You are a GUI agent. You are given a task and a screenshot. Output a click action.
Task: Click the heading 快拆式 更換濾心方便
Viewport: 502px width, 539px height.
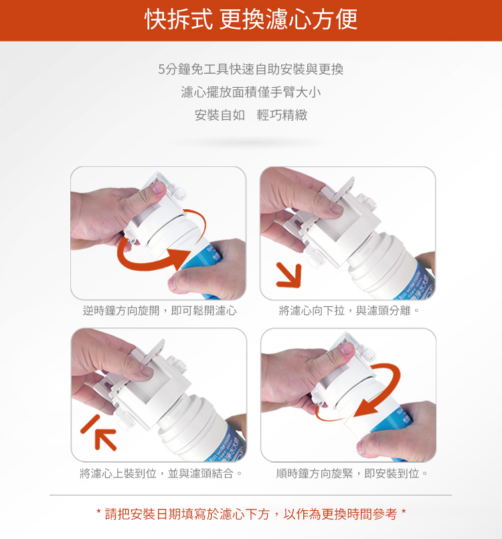point(251,19)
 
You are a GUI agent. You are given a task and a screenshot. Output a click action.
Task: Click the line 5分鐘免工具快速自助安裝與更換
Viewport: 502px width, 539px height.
point(251,69)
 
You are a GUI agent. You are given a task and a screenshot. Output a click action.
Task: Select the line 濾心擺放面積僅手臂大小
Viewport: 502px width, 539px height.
point(251,92)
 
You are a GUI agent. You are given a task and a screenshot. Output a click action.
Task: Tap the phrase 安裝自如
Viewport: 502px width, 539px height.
point(220,115)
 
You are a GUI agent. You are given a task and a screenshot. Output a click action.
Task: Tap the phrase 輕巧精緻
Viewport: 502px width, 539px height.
point(282,115)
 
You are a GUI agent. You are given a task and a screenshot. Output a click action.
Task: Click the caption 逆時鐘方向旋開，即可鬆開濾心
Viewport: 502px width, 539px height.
point(159,310)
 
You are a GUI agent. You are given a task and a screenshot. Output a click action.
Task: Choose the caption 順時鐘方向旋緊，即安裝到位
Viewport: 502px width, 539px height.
point(351,473)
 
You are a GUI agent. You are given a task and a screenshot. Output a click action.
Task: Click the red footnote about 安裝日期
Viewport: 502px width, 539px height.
point(251,514)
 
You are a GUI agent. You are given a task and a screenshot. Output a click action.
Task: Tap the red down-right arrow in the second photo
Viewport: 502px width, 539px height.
point(290,276)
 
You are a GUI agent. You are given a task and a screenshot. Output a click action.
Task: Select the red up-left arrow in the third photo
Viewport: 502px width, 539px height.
point(105,439)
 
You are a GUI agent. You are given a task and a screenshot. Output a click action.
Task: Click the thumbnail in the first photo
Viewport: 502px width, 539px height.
point(159,188)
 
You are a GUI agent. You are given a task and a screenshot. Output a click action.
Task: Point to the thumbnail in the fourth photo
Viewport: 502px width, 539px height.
point(347,348)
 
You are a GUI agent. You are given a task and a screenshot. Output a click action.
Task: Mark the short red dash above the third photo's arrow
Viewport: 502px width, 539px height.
point(90,424)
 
